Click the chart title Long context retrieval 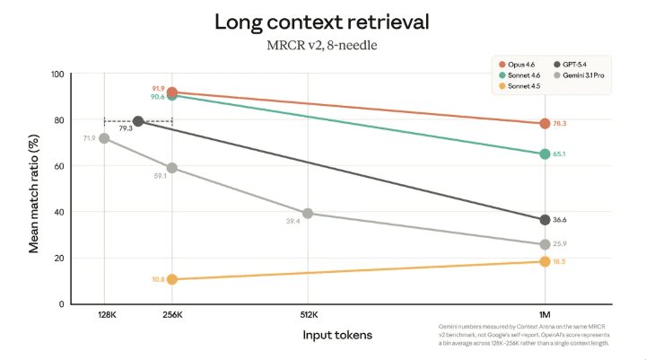tap(323, 22)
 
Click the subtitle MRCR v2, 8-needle tap(323, 45)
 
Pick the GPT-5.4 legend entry tap(577, 65)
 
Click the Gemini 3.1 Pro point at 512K tap(308, 214)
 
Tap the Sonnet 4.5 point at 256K tap(171, 279)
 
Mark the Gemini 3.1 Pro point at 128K tap(104, 138)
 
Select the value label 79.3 tap(125, 128)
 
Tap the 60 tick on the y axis tap(59, 166)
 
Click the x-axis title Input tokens tap(336, 335)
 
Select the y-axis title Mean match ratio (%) tap(35, 189)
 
